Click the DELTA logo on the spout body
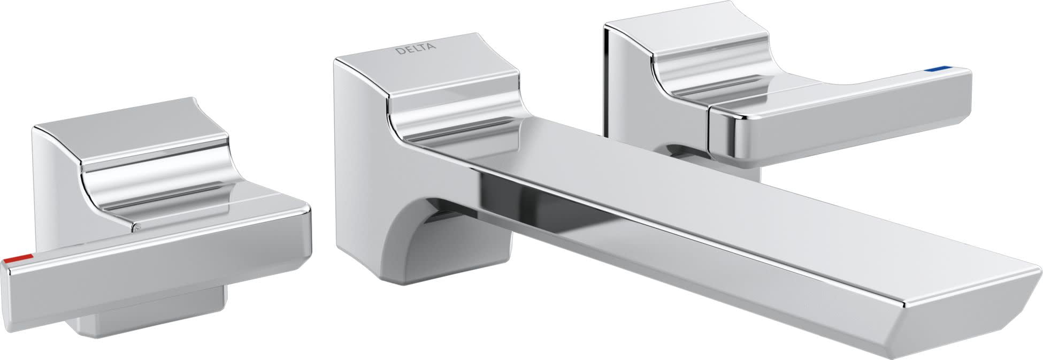[415, 50]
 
